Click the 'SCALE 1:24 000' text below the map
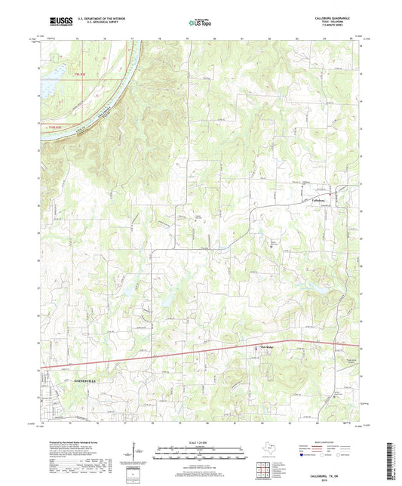click(201, 441)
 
